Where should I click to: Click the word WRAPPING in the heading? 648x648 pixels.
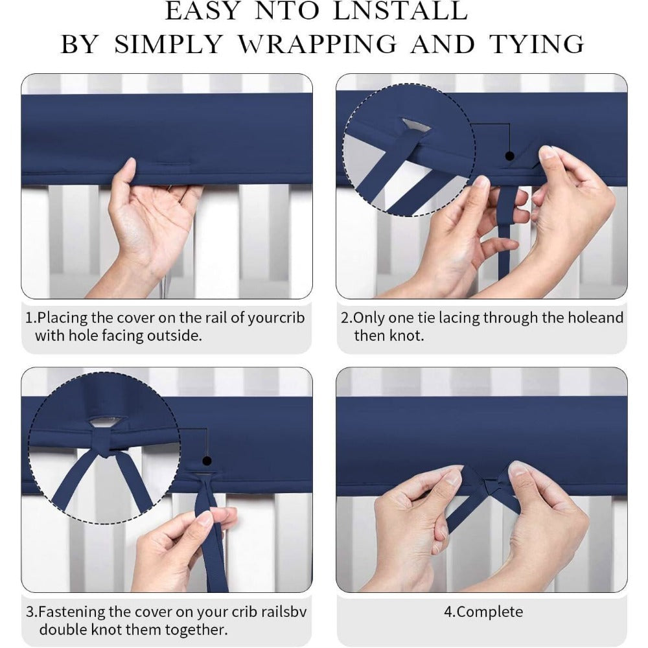coord(318,44)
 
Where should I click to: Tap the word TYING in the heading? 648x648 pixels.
coord(537,44)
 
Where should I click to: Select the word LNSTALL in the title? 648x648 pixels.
coord(400,11)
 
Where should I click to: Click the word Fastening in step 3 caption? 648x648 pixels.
coord(71,612)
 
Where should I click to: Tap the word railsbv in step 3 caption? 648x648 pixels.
coord(279,612)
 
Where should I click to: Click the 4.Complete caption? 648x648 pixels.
coord(483,612)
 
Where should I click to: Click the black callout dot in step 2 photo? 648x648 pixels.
coord(510,156)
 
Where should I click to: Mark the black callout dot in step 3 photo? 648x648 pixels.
coord(207,461)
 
